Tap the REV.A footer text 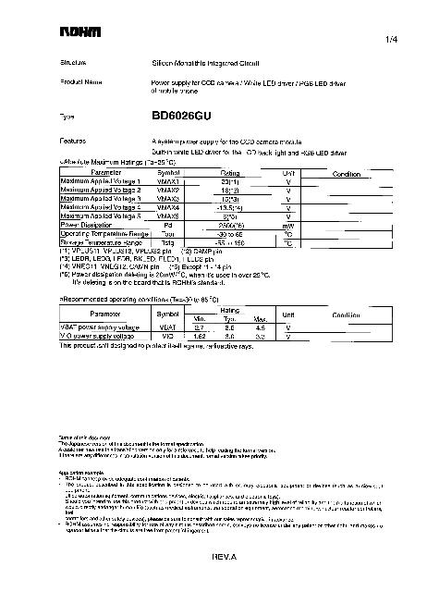pyautogui.click(x=225, y=558)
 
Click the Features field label pyautogui.click(x=73, y=141)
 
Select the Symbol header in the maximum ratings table pyautogui.click(x=168, y=173)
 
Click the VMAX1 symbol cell pyautogui.click(x=168, y=181)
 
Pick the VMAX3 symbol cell pyautogui.click(x=168, y=198)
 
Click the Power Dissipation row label pyautogui.click(x=86, y=224)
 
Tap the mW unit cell pyautogui.click(x=288, y=224)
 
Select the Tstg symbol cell pyautogui.click(x=168, y=240)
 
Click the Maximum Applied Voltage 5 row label pyautogui.click(x=101, y=216)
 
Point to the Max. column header pyautogui.click(x=261, y=319)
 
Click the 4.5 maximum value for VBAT pyautogui.click(x=261, y=327)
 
